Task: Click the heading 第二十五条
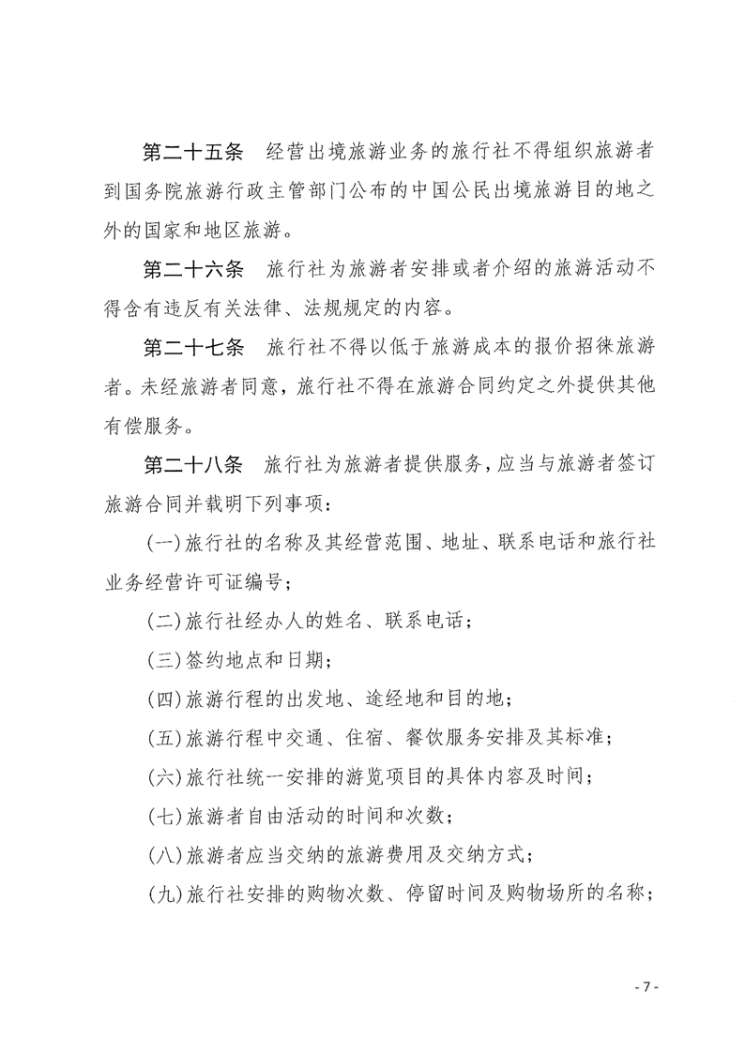[191, 152]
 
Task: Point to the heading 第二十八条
[191, 465]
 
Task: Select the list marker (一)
[166, 544]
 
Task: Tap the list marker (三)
[166, 660]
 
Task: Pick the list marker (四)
[166, 699]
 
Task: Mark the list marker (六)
[166, 776]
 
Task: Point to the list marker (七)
[166, 816]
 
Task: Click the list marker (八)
[166, 854]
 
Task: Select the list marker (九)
[166, 894]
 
